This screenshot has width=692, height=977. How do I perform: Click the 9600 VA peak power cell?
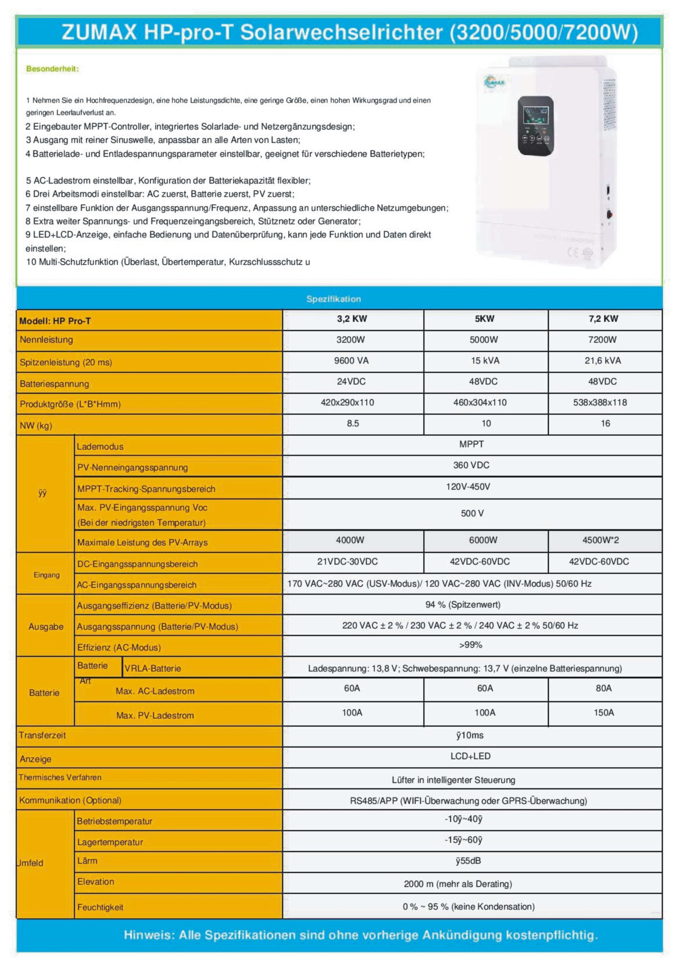click(351, 361)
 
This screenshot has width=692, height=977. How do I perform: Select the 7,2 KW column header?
click(603, 319)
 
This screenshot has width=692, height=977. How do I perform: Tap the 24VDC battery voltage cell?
click(351, 382)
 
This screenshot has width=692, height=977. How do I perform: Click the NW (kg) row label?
click(36, 426)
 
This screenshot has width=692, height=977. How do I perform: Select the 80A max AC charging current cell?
click(603, 688)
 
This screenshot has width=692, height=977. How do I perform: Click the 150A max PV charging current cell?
click(603, 713)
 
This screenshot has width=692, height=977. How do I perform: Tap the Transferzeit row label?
click(42, 736)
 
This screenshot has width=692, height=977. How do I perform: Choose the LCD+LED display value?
click(470, 756)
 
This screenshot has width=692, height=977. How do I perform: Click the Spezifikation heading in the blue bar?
click(333, 299)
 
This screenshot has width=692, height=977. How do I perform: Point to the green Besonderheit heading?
click(52, 69)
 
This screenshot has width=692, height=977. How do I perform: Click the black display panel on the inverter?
click(535, 125)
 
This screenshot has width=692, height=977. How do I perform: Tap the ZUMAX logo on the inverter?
click(494, 81)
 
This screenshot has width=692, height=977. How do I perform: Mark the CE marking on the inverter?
click(574, 252)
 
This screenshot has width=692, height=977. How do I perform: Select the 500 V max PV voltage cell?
click(472, 513)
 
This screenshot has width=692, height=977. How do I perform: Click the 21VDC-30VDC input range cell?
click(347, 562)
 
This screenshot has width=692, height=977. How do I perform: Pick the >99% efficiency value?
click(470, 645)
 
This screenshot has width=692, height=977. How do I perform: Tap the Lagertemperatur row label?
click(110, 842)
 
